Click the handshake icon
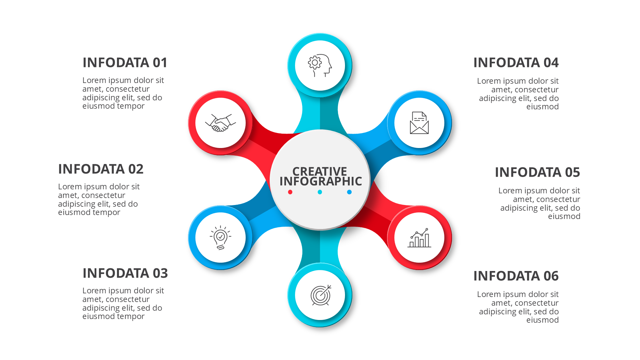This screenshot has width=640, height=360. [x=220, y=123]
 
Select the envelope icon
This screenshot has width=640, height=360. [x=419, y=123]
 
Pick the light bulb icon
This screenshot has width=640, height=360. [x=220, y=238]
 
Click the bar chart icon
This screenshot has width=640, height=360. [x=419, y=238]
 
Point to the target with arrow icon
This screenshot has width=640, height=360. [x=321, y=295]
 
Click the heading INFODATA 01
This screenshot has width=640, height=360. [x=125, y=63]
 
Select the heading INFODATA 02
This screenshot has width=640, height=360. [x=101, y=169]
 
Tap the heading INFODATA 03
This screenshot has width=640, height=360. [x=125, y=273]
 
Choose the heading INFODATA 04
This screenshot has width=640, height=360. [x=516, y=63]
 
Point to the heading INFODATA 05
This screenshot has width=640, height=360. [x=537, y=172]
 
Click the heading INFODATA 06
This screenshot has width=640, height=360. [x=516, y=276]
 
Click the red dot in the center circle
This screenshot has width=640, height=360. [x=290, y=192]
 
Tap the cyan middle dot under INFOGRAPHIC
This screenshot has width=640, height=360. [x=320, y=192]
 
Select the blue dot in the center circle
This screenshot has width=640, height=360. [x=349, y=192]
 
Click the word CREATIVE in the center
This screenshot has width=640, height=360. [x=320, y=171]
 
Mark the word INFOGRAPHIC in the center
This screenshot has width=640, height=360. [x=321, y=181]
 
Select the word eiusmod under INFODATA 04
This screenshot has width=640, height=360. [x=542, y=107]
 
